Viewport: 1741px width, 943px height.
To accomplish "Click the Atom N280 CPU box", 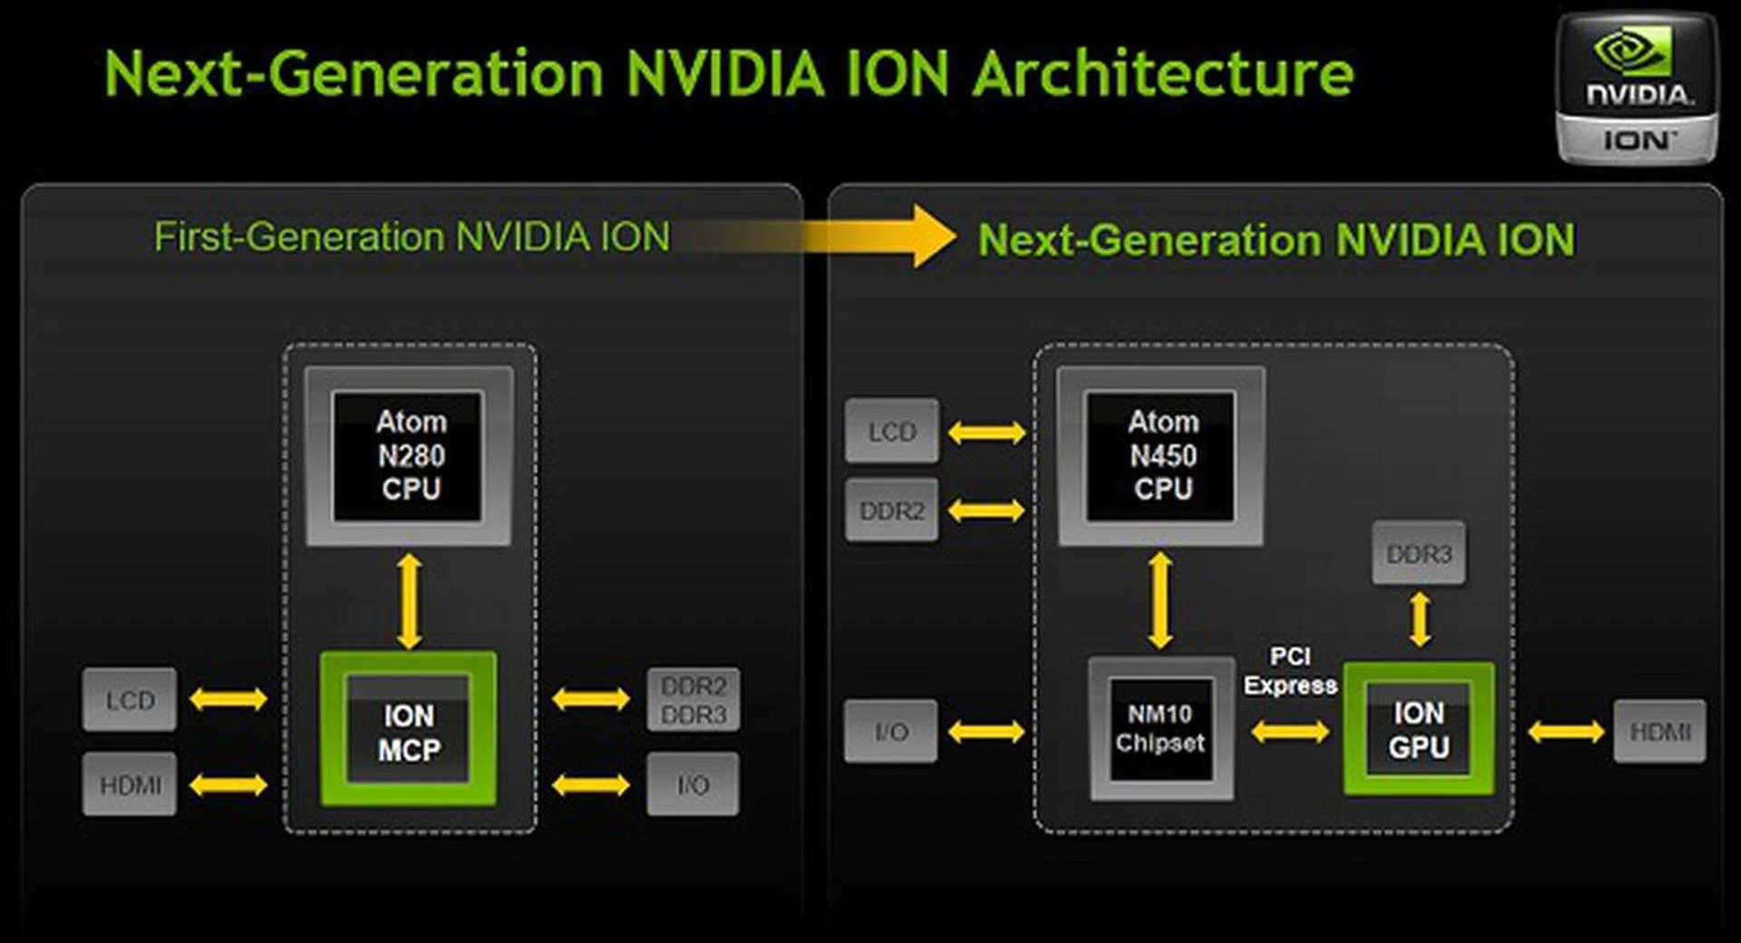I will point(408,455).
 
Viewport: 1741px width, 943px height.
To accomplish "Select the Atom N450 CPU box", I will point(1161,455).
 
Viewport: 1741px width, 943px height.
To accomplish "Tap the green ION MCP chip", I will point(408,730).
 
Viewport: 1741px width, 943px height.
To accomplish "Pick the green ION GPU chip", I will point(1419,730).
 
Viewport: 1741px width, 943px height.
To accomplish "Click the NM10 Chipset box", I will point(1161,729).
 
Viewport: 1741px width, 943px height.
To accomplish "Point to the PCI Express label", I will point(1290,671).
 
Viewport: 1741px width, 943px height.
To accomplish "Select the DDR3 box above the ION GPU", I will point(1419,553).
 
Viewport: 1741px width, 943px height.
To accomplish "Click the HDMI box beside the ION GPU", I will point(1659,731).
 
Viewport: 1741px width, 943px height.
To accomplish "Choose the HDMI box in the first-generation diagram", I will point(130,784).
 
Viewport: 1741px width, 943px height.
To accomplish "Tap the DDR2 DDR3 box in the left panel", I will point(694,700).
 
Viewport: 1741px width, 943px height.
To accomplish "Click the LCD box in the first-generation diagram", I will point(130,700).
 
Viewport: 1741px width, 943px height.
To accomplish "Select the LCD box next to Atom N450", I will point(892,432).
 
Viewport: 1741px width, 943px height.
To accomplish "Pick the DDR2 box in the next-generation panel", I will point(892,510).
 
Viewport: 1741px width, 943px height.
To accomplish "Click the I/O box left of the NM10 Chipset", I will point(890,731).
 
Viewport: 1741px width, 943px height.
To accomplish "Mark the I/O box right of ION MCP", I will point(694,784).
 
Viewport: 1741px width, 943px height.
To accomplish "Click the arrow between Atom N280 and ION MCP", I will point(409,600).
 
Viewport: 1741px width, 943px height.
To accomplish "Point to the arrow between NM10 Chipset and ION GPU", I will point(1290,731).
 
